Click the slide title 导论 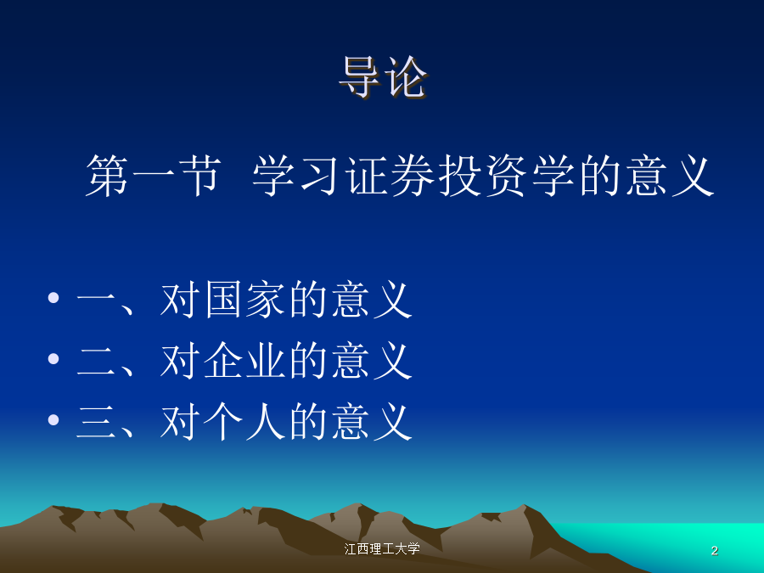[383, 77]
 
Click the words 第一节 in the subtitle [153, 176]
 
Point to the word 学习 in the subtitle [296, 176]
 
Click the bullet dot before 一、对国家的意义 [53, 297]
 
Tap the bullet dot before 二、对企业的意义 [53, 358]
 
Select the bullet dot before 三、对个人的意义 [53, 419]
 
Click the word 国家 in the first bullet [245, 300]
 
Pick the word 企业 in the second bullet [245, 361]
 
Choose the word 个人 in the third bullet [245, 422]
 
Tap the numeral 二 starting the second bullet [96, 361]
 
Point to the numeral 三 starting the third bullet [96, 422]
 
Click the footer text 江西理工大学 [382, 549]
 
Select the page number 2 [714, 551]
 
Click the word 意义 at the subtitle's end [671, 176]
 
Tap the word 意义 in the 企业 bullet [373, 361]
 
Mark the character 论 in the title [407, 77]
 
